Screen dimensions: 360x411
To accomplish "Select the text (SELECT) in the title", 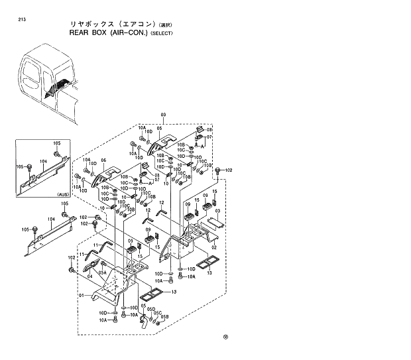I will pyautogui.click(x=161, y=33).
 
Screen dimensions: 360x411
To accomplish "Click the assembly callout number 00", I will pyautogui.click(x=163, y=115).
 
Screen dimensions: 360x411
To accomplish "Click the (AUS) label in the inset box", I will pyautogui.click(x=63, y=194).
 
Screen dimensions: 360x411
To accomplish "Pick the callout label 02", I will pyautogui.click(x=214, y=247).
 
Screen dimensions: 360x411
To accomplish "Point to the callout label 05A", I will pyautogui.click(x=103, y=272).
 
